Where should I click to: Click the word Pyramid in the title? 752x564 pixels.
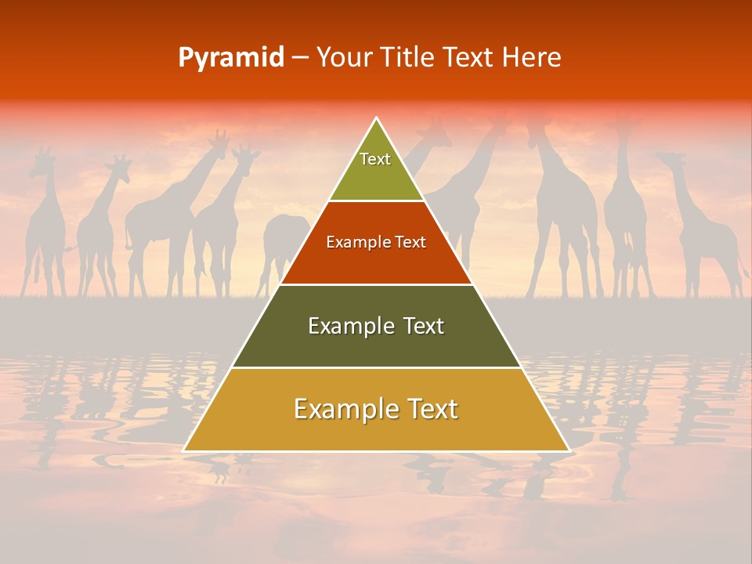click(x=230, y=58)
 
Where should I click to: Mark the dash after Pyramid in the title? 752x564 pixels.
click(x=300, y=58)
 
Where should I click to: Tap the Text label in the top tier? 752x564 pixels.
click(x=375, y=159)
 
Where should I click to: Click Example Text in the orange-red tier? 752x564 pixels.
click(x=376, y=242)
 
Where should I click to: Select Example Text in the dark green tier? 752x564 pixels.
click(x=376, y=326)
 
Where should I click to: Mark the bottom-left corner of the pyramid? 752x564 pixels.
click(x=184, y=450)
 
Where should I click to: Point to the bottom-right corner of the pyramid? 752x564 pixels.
click(x=569, y=450)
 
